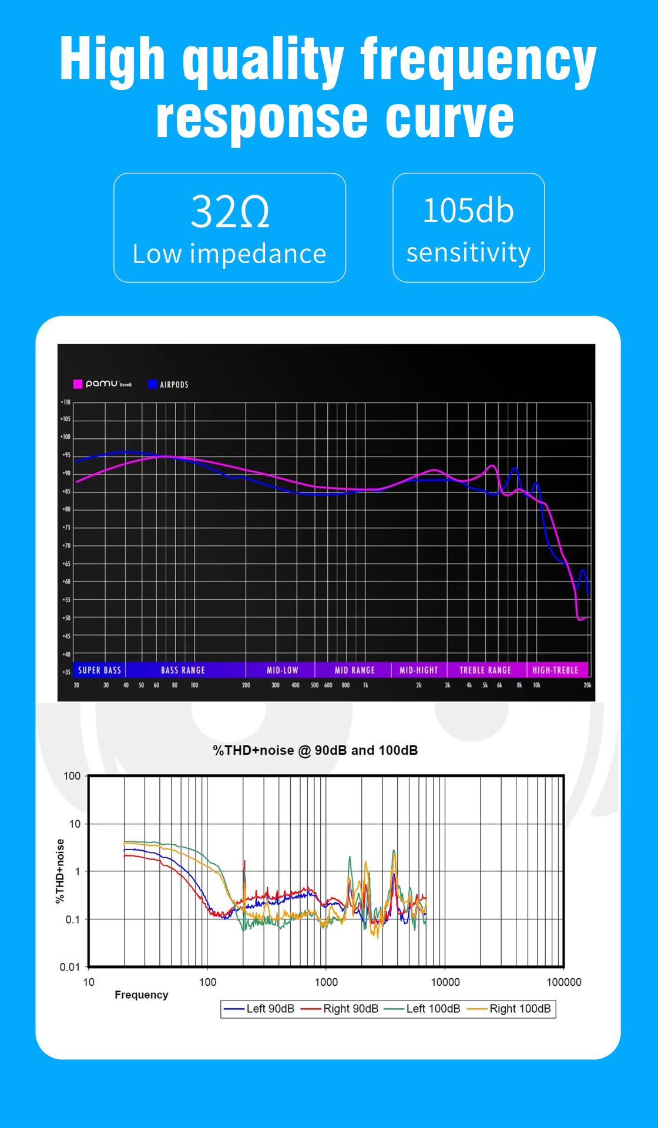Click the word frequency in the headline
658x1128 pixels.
pyautogui.click(x=478, y=61)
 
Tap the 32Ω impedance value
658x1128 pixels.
pyautogui.click(x=230, y=212)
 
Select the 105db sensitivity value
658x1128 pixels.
pyautogui.click(x=468, y=210)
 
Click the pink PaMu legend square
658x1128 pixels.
pyautogui.click(x=78, y=384)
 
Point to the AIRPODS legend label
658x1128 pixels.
pyautogui.click(x=174, y=384)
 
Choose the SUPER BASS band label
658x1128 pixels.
pyautogui.click(x=99, y=670)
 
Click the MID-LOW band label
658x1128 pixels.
pyautogui.click(x=282, y=670)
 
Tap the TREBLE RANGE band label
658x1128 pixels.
pyautogui.click(x=485, y=670)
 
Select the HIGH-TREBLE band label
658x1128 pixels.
pyautogui.click(x=555, y=670)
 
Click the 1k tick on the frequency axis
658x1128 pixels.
pyautogui.click(x=365, y=685)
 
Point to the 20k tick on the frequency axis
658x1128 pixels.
pyautogui.click(x=587, y=685)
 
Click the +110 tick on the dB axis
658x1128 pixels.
pyautogui.click(x=65, y=402)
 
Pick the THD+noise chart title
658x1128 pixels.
pyautogui.click(x=315, y=750)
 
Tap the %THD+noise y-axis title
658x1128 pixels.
pyautogui.click(x=59, y=871)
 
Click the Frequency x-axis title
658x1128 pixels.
pyautogui.click(x=141, y=995)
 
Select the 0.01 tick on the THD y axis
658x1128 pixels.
pyautogui.click(x=70, y=966)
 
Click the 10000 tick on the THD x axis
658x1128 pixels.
pyautogui.click(x=445, y=982)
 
